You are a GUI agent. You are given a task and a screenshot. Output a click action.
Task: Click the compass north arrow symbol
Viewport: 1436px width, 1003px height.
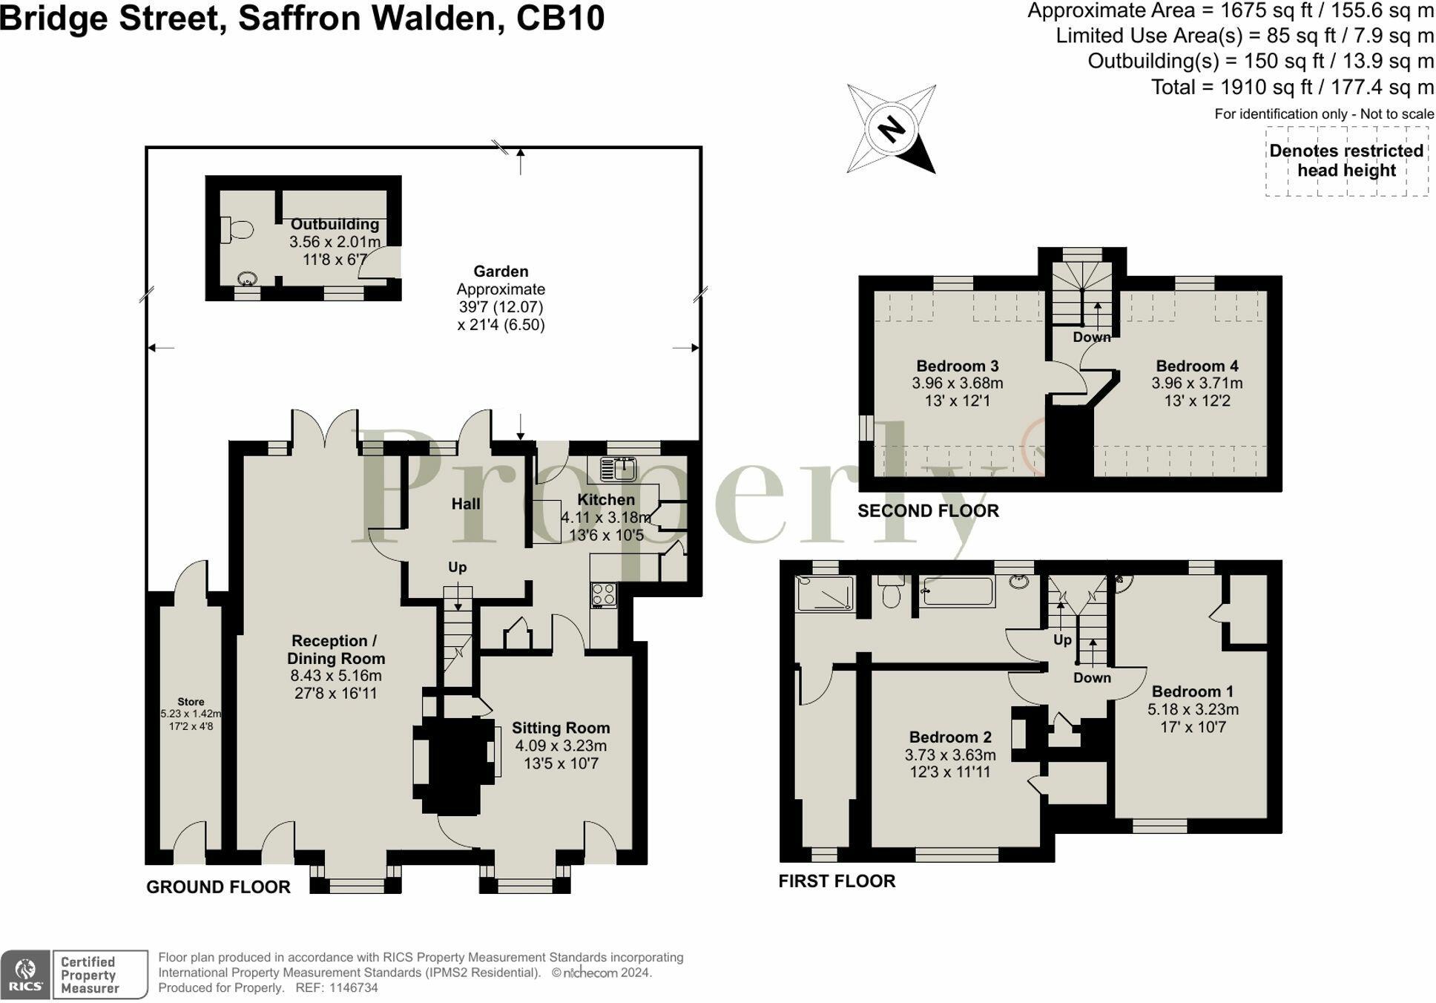pyautogui.click(x=891, y=130)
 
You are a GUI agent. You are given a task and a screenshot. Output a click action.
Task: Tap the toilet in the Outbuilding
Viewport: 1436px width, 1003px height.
pyautogui.click(x=237, y=230)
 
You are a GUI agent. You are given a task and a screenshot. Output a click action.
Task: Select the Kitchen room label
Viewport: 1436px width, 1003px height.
pyautogui.click(x=606, y=499)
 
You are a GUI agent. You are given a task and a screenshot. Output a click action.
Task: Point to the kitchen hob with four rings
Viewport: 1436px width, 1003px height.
pyautogui.click(x=604, y=595)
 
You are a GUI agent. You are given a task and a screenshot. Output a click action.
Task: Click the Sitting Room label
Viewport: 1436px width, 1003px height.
pyautogui.click(x=561, y=728)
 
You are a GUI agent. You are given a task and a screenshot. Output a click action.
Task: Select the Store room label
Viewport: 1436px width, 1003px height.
pyautogui.click(x=191, y=702)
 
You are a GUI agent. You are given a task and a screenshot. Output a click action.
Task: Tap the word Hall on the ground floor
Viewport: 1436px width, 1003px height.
pyautogui.click(x=466, y=504)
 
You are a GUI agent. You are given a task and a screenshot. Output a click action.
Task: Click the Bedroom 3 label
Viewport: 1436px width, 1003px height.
pyautogui.click(x=957, y=366)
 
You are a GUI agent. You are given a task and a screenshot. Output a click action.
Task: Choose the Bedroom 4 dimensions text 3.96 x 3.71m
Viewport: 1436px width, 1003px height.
pyautogui.click(x=1196, y=384)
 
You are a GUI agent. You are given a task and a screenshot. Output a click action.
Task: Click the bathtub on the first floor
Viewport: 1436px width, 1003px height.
pyautogui.click(x=958, y=592)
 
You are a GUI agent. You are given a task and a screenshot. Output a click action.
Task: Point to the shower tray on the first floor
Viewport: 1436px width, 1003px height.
pyautogui.click(x=824, y=593)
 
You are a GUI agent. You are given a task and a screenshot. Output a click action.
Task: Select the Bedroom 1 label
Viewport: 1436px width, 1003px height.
pyautogui.click(x=1192, y=691)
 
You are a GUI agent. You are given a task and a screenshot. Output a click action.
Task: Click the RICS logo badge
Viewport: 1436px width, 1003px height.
pyautogui.click(x=26, y=975)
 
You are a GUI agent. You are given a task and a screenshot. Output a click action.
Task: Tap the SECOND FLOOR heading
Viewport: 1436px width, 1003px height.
pyautogui.click(x=928, y=510)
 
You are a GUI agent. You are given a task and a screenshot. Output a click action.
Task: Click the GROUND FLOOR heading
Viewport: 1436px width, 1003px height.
pyautogui.click(x=218, y=887)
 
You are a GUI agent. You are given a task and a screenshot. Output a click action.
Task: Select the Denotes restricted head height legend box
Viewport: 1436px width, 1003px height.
pyautogui.click(x=1346, y=161)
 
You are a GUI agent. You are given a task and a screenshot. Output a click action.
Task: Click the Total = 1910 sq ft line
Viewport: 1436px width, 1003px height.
pyautogui.click(x=1291, y=88)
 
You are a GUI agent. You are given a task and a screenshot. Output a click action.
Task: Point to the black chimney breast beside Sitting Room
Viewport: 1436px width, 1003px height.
pyautogui.click(x=454, y=766)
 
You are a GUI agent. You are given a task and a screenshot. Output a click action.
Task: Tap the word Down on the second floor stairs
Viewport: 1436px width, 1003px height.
pyautogui.click(x=1091, y=337)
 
